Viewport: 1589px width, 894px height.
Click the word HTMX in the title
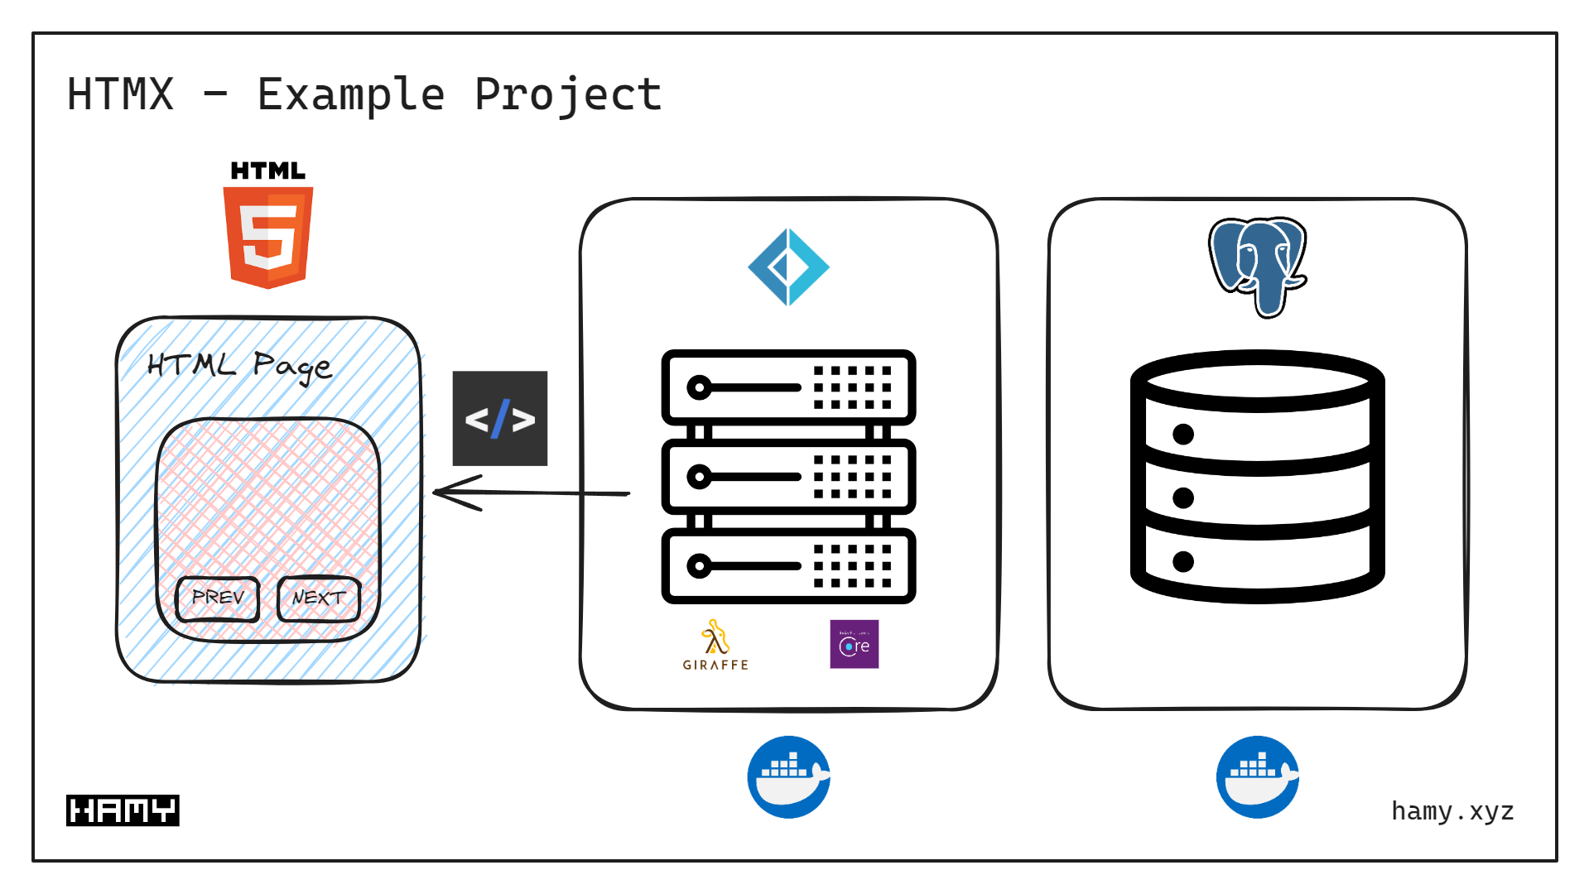pyautogui.click(x=121, y=94)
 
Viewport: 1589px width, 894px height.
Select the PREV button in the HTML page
pyautogui.click(x=218, y=598)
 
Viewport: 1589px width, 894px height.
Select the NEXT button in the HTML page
pyautogui.click(x=319, y=598)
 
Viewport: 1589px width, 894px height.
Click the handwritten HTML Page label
pyautogui.click(x=239, y=366)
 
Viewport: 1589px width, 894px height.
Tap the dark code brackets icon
pyautogui.click(x=499, y=419)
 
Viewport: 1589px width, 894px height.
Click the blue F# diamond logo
pyautogui.click(x=788, y=267)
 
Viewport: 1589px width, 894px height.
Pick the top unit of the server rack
pyautogui.click(x=788, y=387)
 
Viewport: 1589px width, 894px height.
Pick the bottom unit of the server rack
pyautogui.click(x=788, y=566)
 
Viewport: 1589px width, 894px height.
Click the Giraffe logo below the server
pyautogui.click(x=715, y=646)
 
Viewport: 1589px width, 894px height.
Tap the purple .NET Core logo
pyautogui.click(x=854, y=644)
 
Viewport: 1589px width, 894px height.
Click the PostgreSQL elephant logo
pyautogui.click(x=1257, y=265)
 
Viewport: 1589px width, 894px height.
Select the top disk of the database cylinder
pyautogui.click(x=1257, y=382)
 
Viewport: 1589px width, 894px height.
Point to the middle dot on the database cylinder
pyautogui.click(x=1183, y=497)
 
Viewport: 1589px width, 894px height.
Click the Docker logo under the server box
pyautogui.click(x=788, y=777)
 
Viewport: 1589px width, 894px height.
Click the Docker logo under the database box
pyautogui.click(x=1257, y=777)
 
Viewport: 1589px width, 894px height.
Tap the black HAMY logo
pyautogui.click(x=123, y=810)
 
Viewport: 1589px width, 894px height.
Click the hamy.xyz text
pyautogui.click(x=1452, y=811)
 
